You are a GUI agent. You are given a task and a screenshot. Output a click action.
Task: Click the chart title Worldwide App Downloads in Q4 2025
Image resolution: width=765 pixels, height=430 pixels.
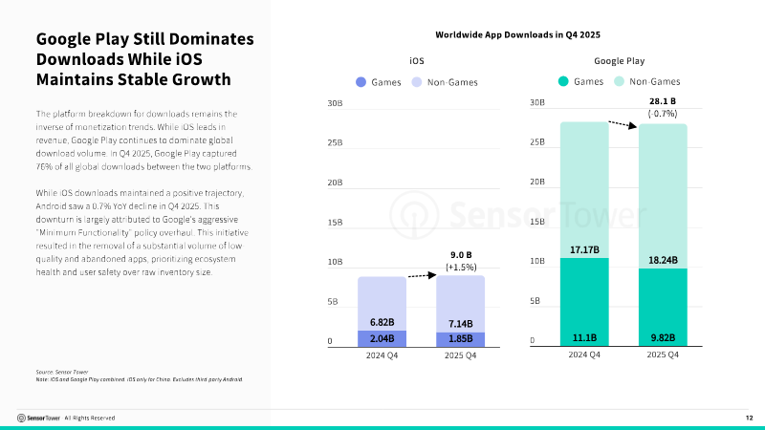(517, 34)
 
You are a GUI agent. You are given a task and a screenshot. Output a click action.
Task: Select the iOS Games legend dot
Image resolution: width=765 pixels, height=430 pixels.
(361, 82)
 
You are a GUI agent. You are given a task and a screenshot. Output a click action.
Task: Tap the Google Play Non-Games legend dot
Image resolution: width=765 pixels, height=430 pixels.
(619, 81)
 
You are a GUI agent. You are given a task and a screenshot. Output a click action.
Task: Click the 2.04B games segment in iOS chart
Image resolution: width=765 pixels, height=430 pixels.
(382, 339)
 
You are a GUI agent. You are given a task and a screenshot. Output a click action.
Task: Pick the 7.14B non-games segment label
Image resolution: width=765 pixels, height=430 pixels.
(461, 324)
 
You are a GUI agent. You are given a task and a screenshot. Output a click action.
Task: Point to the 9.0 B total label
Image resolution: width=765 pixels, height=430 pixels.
(461, 255)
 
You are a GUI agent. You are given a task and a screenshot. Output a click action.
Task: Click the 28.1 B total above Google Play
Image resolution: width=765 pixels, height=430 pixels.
(663, 101)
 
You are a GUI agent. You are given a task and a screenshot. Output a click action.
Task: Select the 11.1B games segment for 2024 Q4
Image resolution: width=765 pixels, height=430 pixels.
(584, 302)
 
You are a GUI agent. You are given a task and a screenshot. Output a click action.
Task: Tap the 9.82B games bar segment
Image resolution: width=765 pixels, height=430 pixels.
(663, 307)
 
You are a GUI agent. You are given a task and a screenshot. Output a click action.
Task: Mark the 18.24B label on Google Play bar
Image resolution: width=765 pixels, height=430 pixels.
(663, 260)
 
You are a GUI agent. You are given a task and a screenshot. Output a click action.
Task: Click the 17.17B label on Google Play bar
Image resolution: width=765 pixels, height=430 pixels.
(584, 249)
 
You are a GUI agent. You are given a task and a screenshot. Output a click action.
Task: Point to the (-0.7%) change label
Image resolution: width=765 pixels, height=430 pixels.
(663, 114)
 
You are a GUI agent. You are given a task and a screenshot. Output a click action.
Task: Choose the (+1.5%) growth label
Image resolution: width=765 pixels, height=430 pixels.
(461, 268)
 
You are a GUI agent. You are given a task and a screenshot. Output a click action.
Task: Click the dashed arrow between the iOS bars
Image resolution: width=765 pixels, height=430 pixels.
(422, 275)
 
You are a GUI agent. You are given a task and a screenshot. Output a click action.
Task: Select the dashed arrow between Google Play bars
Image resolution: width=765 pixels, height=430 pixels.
(623, 125)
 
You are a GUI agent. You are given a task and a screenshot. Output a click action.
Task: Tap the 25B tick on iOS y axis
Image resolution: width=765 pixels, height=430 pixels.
(335, 142)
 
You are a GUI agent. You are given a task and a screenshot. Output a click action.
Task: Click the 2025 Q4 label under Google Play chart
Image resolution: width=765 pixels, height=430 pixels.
(663, 355)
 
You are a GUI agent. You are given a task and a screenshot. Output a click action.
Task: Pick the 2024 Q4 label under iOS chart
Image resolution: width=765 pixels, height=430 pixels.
(382, 355)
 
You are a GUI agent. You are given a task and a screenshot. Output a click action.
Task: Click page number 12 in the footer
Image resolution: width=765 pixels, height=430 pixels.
(750, 418)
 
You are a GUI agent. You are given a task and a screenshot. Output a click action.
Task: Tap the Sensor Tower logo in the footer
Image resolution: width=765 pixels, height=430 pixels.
(38, 418)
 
